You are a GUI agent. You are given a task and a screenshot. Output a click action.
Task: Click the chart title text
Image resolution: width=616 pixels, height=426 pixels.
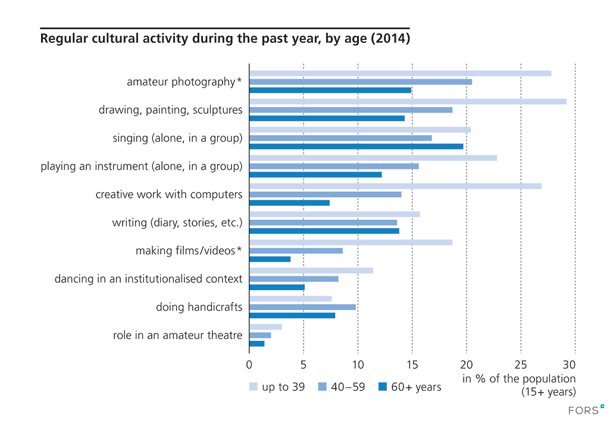pos(224,40)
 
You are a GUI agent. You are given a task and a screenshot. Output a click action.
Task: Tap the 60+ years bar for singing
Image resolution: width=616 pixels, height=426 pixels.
pos(356,146)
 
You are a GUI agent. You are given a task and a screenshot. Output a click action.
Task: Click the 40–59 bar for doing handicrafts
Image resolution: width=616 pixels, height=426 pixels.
pos(302,307)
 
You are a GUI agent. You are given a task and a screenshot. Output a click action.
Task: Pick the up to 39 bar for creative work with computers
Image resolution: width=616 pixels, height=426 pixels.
pos(395,186)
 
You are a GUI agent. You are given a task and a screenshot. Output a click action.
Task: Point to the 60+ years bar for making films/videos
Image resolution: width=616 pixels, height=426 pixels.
pos(270,259)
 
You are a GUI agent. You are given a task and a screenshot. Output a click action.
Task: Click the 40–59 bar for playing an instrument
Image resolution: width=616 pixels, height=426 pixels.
pos(334,166)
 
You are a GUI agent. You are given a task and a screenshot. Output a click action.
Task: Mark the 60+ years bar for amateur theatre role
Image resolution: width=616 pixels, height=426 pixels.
pos(257,344)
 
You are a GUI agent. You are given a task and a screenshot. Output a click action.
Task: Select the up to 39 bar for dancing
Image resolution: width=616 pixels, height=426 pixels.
pos(311,270)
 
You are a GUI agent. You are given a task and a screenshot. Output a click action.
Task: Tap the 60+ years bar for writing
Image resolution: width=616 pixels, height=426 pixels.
pos(324,231)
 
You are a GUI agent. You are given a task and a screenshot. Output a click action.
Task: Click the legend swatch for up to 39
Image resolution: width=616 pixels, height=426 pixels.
pos(253,387)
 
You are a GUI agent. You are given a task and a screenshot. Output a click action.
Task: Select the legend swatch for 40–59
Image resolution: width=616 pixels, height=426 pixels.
pos(323,387)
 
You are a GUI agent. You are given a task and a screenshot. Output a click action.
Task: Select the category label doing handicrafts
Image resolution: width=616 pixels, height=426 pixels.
pos(199,307)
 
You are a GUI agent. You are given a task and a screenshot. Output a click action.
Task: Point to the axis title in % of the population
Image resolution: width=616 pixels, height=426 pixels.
pos(519,379)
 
